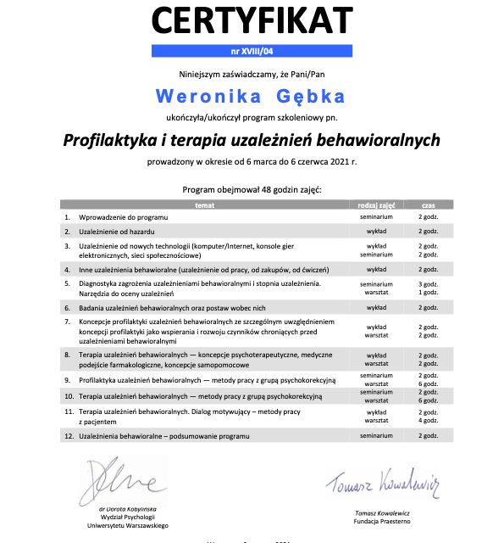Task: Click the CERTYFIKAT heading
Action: (x=251, y=20)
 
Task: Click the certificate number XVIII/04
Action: (x=251, y=50)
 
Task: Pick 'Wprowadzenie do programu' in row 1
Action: (x=124, y=218)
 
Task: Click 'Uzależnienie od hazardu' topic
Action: (x=119, y=232)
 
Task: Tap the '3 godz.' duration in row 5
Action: (x=427, y=283)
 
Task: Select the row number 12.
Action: (x=67, y=435)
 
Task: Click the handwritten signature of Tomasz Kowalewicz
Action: (x=382, y=484)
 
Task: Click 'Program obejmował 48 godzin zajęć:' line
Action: (x=252, y=189)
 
